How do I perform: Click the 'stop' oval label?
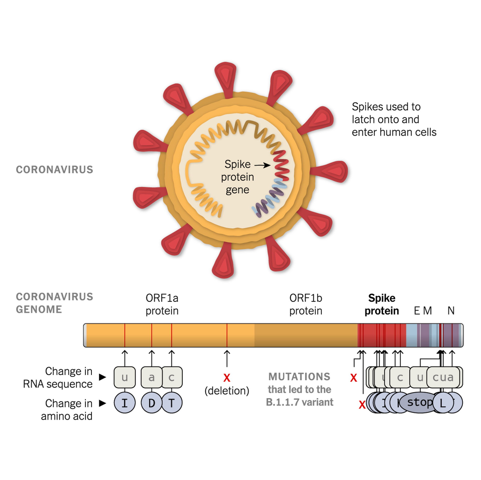point(417,402)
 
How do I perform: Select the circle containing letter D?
point(152,403)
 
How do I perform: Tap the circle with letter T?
point(172,403)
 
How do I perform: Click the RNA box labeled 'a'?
point(152,377)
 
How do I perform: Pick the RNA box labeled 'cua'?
point(443,377)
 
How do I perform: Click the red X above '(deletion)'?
point(227,378)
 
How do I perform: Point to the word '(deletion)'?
point(227,391)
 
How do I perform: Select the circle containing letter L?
point(443,403)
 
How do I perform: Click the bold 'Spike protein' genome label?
point(382,304)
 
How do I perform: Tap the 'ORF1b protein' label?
point(306,304)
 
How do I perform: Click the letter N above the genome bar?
point(451,311)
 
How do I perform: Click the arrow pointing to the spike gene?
point(262,165)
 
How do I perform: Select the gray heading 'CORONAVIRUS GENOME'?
point(54,303)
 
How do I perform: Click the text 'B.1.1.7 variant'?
point(299,402)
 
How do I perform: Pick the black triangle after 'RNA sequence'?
point(102,377)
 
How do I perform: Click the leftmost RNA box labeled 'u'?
point(125,377)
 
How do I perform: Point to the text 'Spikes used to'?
point(386,107)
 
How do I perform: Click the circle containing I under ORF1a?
point(125,403)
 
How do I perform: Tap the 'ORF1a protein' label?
point(162,304)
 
